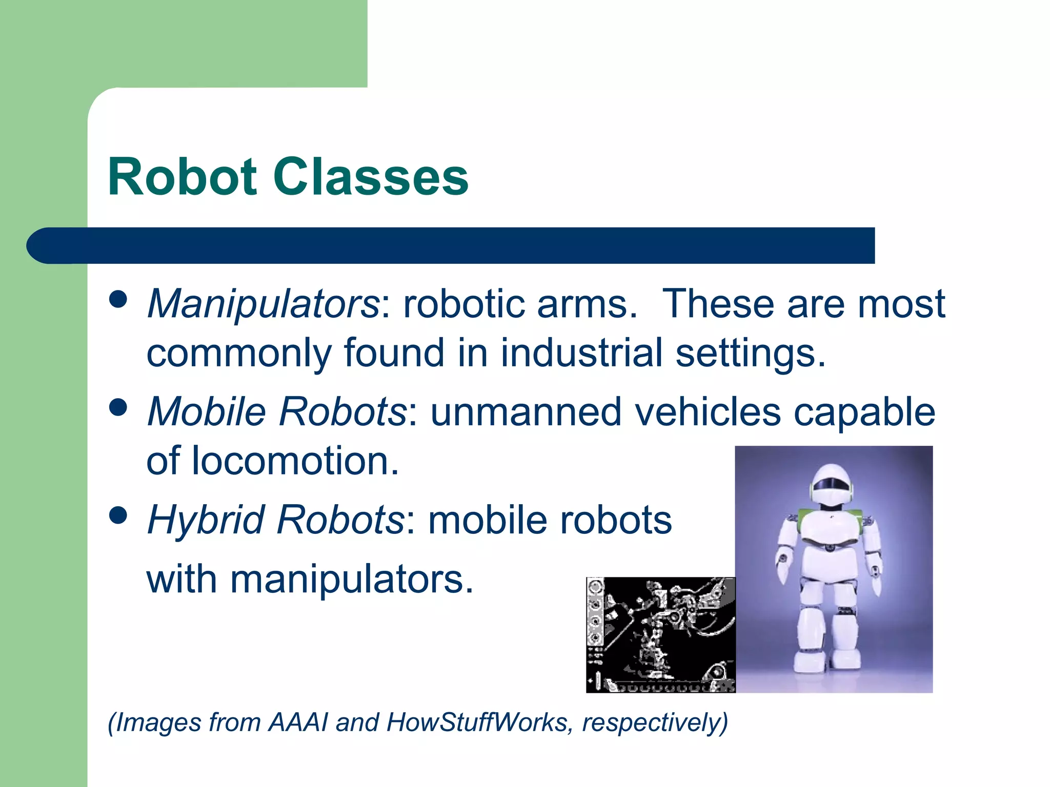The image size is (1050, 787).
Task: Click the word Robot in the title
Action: point(182,177)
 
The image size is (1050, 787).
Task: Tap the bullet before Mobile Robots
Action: point(118,408)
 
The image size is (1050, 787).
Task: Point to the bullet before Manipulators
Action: point(118,299)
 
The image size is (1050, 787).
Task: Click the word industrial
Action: point(581,353)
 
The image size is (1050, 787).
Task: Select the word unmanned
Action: point(526,412)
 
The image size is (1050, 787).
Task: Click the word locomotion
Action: point(295,461)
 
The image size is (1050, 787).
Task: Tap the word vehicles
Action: point(708,412)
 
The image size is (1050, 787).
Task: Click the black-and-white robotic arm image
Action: point(660,635)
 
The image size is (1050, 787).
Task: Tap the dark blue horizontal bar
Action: point(461,245)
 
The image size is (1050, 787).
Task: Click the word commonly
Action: point(239,353)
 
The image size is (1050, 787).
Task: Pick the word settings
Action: point(750,353)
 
